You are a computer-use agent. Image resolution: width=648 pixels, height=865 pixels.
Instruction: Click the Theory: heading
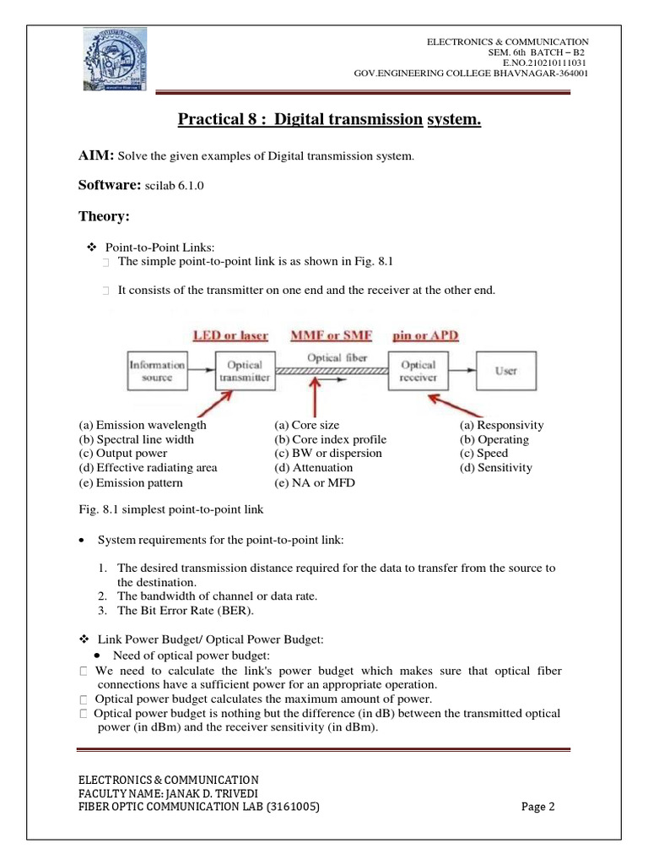point(104,217)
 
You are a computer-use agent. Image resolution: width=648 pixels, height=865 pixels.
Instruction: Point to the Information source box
point(157,372)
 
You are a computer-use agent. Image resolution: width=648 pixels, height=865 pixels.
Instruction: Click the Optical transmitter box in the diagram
point(245,372)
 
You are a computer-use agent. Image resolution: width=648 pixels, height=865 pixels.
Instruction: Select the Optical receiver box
point(418,372)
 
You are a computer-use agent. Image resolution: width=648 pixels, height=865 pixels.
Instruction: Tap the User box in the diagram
point(505,372)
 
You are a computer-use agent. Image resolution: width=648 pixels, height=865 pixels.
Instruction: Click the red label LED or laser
point(230,335)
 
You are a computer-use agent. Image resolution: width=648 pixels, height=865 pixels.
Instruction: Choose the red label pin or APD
point(425,335)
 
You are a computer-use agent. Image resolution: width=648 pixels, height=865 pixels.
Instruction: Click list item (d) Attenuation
point(316,467)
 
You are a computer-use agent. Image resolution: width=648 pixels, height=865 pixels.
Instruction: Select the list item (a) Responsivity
point(501,425)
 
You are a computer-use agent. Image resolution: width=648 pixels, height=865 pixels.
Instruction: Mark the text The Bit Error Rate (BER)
point(186,611)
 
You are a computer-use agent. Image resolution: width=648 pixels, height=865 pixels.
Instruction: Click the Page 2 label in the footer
point(537,807)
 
